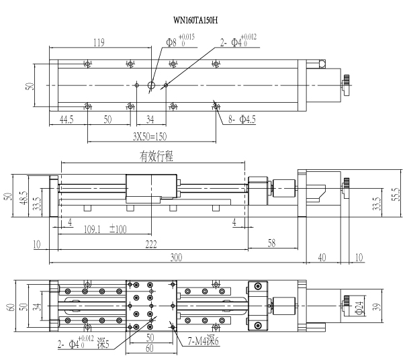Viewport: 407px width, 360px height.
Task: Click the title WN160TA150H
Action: coord(195,20)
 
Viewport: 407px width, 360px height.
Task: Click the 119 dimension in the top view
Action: coord(99,42)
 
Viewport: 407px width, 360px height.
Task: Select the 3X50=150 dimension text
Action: coord(150,136)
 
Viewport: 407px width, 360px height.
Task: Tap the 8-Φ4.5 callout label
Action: coord(242,120)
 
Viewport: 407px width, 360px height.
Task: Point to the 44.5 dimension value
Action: coord(66,120)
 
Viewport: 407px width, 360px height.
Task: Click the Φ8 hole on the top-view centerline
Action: coord(151,85)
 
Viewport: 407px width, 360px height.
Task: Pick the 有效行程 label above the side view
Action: coord(156,156)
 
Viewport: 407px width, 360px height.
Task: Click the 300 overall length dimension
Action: coord(176,257)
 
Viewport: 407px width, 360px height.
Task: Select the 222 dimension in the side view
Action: coord(151,244)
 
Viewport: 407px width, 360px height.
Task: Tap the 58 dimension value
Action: coord(271,243)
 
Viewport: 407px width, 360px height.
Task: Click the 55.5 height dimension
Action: coord(396,194)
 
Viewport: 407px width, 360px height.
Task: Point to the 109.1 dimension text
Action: coord(92,230)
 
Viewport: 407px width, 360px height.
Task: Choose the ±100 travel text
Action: coord(118,229)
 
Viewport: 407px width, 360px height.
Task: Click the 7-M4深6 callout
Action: coord(203,341)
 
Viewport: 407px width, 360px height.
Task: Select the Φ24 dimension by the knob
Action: coord(359,308)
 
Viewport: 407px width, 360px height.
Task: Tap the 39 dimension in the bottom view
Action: coord(378,307)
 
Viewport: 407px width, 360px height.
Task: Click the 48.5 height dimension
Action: coord(24,197)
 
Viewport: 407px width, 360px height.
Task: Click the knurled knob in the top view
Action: coord(346,85)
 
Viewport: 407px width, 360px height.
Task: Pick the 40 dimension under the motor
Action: coord(322,257)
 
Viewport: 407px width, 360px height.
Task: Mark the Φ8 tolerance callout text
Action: coord(181,41)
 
